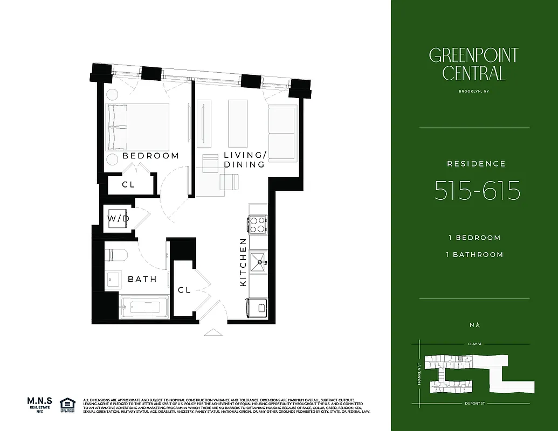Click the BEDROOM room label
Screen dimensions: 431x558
(x=150, y=156)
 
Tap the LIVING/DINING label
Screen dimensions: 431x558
(x=244, y=160)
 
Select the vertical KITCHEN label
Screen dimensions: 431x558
(x=243, y=262)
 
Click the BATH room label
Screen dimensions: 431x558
(x=142, y=279)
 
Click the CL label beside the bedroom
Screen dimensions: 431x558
(x=128, y=184)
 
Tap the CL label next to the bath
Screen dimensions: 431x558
(x=184, y=290)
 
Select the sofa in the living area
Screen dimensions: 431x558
(x=283, y=133)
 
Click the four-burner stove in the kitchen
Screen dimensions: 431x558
(x=257, y=224)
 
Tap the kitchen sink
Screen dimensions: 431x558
(x=258, y=262)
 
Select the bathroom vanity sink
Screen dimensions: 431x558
(x=113, y=279)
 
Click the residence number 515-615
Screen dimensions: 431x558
(x=477, y=191)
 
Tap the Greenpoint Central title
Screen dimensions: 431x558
(x=473, y=64)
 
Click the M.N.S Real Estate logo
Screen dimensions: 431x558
(x=39, y=405)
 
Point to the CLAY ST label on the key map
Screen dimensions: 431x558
(x=474, y=343)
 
